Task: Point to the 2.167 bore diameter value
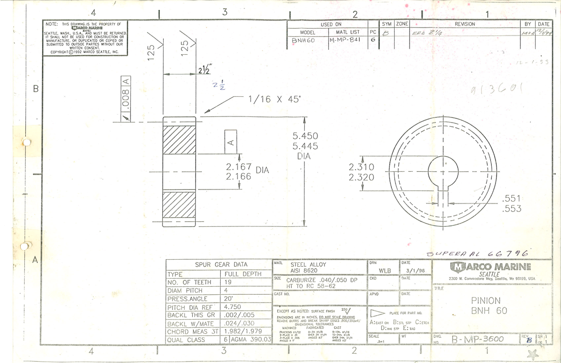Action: tap(239, 167)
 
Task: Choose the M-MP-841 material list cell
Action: tap(347, 41)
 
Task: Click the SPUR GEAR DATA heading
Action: tap(218, 264)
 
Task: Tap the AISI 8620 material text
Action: tap(304, 271)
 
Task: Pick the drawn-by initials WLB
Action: tap(384, 270)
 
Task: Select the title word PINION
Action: tap(486, 300)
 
